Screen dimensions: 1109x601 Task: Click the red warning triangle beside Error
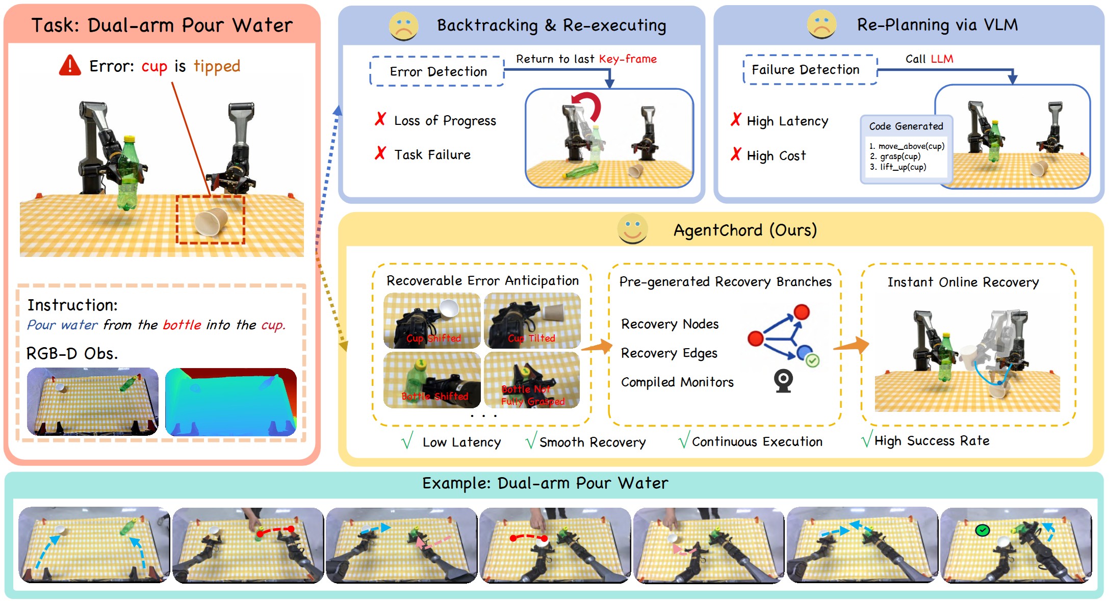(70, 66)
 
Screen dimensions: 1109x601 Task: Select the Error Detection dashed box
(437, 71)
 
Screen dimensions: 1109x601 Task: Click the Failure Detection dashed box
(810, 69)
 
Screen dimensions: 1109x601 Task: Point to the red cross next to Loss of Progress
(380, 119)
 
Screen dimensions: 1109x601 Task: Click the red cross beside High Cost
(736, 154)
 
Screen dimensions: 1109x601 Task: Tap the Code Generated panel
(906, 149)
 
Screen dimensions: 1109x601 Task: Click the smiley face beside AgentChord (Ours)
(632, 229)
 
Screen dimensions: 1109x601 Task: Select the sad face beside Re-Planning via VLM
(821, 24)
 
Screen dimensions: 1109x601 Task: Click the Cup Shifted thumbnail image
(432, 320)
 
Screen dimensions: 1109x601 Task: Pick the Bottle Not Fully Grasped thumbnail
(532, 380)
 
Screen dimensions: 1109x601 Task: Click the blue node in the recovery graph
(804, 352)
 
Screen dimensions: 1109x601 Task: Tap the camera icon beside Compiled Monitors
(783, 381)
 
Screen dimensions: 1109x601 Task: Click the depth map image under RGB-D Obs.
(231, 402)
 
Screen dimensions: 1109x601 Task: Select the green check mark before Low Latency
(407, 440)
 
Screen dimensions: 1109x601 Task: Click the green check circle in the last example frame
(982, 531)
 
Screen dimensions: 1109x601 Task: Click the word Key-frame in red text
(628, 59)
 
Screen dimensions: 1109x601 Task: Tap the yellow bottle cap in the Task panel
(129, 138)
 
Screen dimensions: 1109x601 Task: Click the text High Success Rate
(932, 441)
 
